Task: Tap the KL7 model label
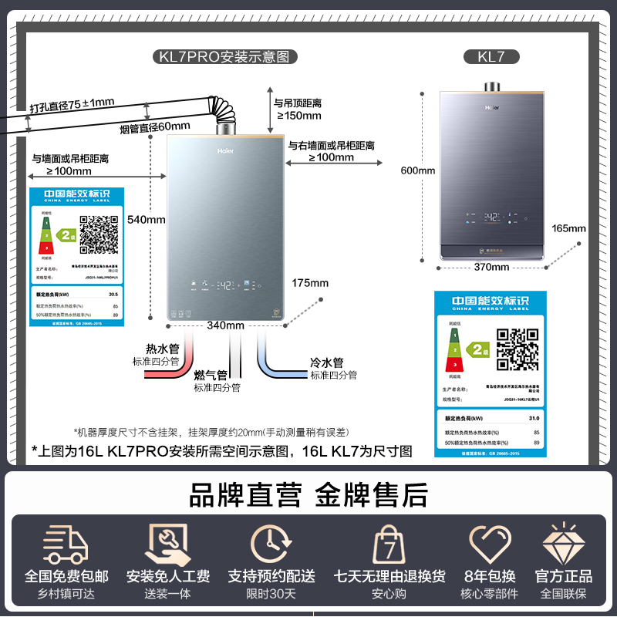click(x=492, y=56)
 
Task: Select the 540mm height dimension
click(x=147, y=219)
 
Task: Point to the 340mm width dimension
click(x=225, y=325)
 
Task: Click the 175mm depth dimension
click(x=311, y=283)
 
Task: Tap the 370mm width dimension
click(x=491, y=267)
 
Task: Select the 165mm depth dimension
click(x=569, y=228)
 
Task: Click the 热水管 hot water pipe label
click(x=162, y=349)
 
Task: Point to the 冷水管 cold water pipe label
click(x=326, y=362)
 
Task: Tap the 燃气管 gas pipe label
click(x=211, y=375)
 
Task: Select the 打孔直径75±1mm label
click(x=72, y=103)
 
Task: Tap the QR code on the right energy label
click(x=517, y=349)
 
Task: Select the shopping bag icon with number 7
click(x=389, y=545)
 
